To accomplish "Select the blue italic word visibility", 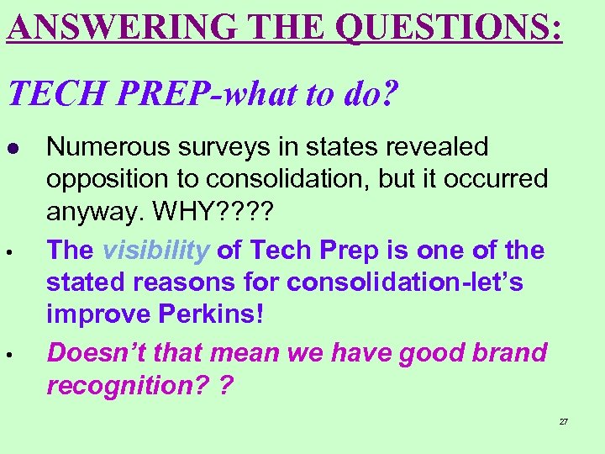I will (x=155, y=250).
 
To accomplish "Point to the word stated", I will (x=85, y=282).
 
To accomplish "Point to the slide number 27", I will (x=564, y=421).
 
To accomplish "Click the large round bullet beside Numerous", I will (x=13, y=148).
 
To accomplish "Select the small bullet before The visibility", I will (x=13, y=251).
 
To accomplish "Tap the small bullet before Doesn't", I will (x=13, y=352).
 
